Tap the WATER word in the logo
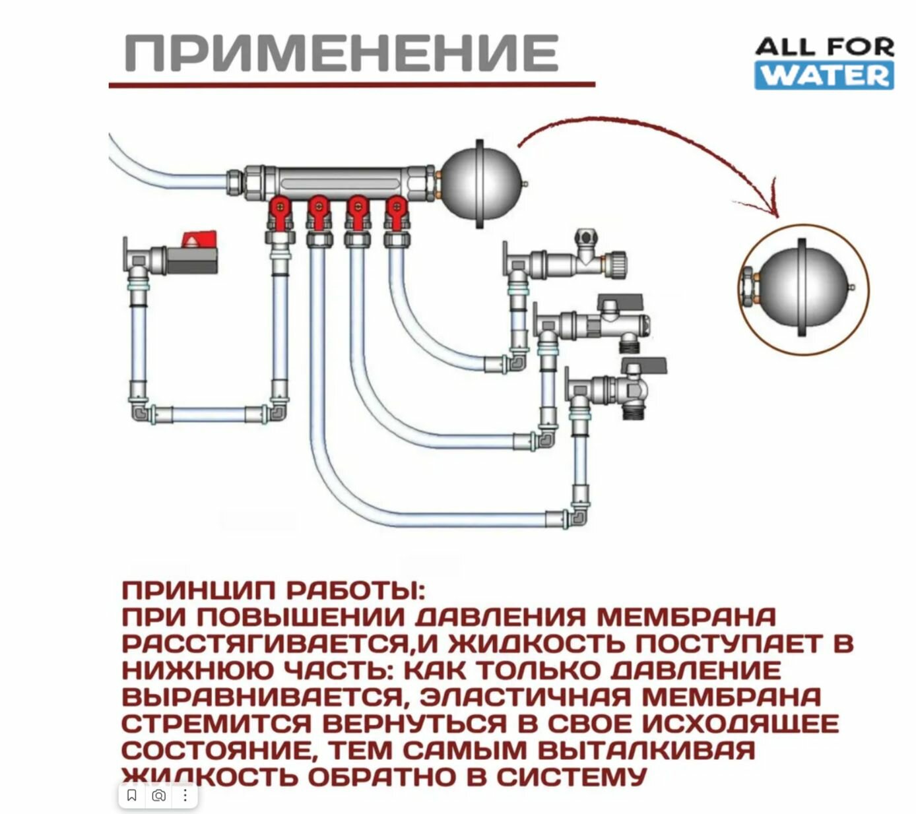pyautogui.click(x=824, y=75)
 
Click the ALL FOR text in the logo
pyautogui.click(x=824, y=47)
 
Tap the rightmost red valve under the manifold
pyautogui.click(x=396, y=210)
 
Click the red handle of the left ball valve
pyautogui.click(x=199, y=239)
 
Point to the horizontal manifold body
pyautogui.click(x=337, y=181)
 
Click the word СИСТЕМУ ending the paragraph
pyautogui.click(x=570, y=776)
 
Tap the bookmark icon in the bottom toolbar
pyautogui.click(x=131, y=795)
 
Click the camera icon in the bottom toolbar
pyautogui.click(x=158, y=795)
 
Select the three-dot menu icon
pyautogui.click(x=185, y=795)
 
